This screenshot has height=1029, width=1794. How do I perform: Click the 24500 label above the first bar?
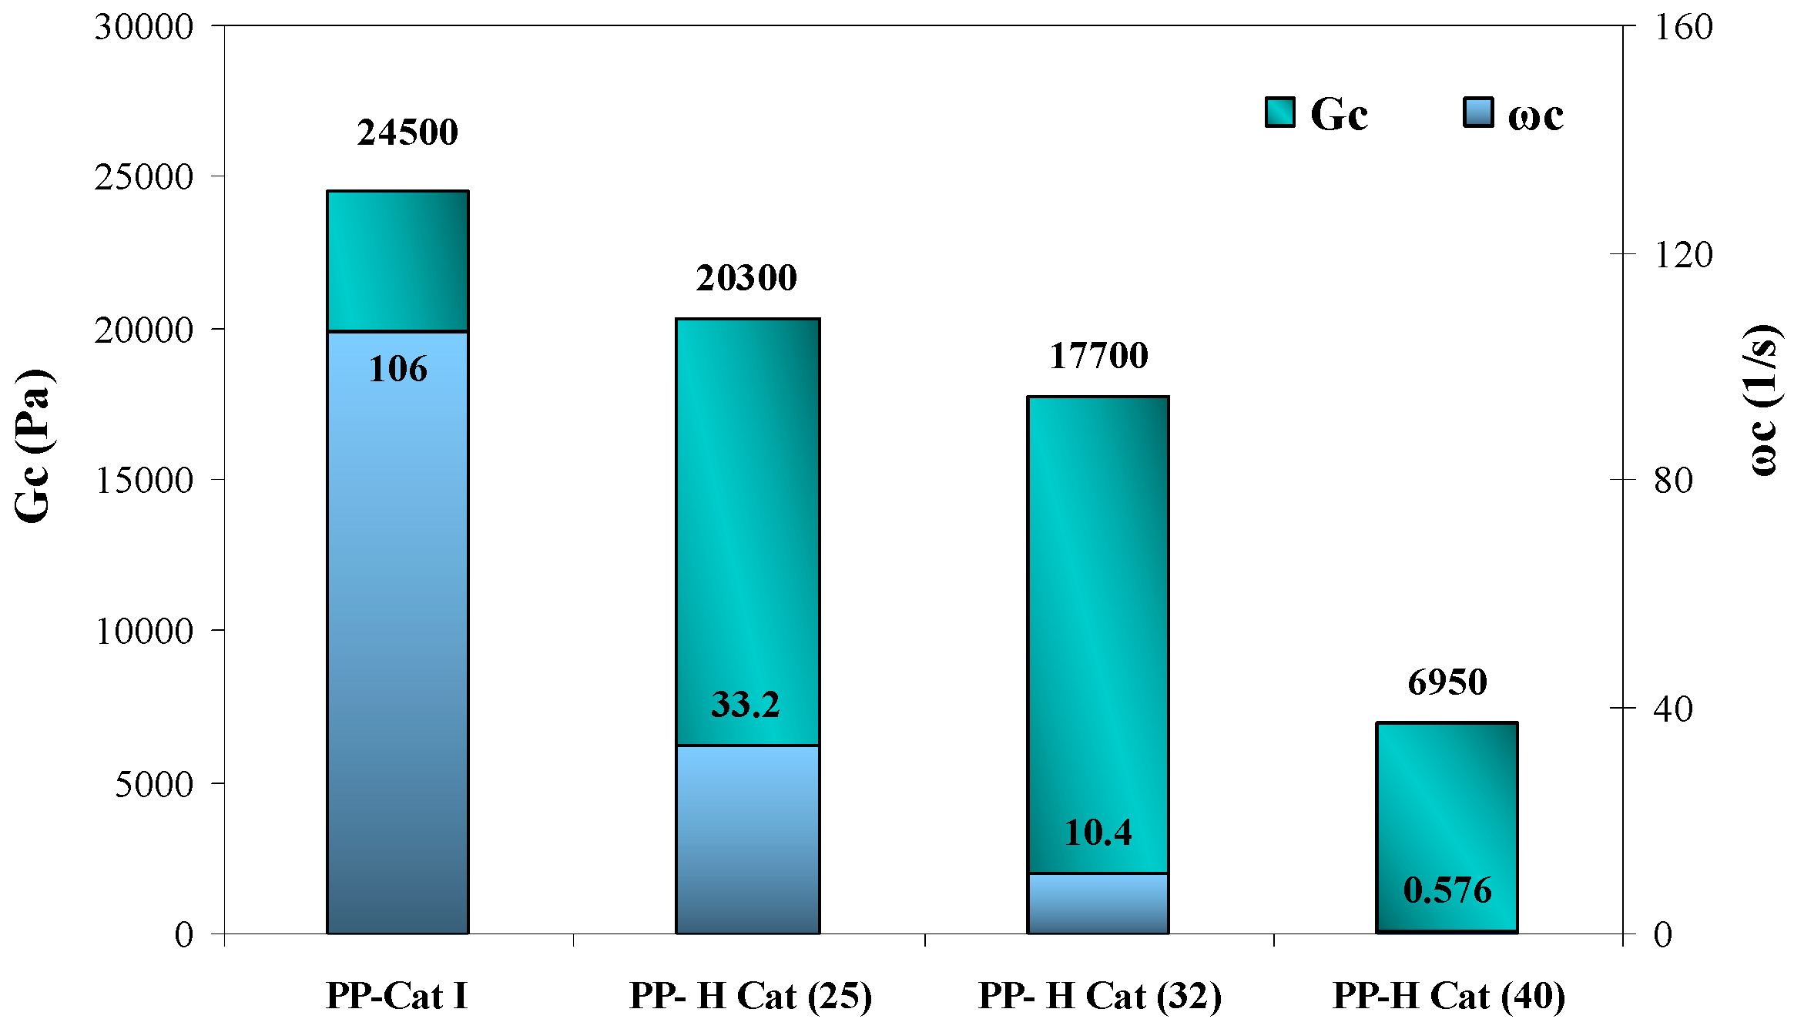(407, 132)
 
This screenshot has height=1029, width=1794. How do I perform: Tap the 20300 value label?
(746, 278)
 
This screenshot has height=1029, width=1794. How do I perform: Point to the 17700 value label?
(1098, 356)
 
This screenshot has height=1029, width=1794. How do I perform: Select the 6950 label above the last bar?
(1447, 682)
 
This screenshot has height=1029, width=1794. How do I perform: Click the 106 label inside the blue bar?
(397, 369)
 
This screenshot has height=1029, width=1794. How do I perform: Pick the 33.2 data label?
(745, 705)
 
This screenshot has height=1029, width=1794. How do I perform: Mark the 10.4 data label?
(1098, 833)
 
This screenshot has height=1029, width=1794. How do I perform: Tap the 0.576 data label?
(1447, 890)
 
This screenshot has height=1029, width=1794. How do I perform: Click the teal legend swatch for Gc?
(1279, 112)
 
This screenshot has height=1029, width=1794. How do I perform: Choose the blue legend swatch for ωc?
(1477, 112)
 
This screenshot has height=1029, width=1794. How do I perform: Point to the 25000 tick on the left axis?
(143, 177)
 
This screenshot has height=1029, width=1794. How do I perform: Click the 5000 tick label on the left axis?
(153, 784)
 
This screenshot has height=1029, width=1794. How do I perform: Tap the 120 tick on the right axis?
(1683, 254)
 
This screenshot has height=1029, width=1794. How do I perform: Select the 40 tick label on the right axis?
(1673, 709)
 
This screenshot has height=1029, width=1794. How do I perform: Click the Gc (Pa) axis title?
(32, 447)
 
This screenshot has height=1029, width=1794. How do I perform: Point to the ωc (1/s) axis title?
(1761, 401)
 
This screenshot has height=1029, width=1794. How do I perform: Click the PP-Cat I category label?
(397, 995)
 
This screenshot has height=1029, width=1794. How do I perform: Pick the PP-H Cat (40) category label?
(1448, 995)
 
